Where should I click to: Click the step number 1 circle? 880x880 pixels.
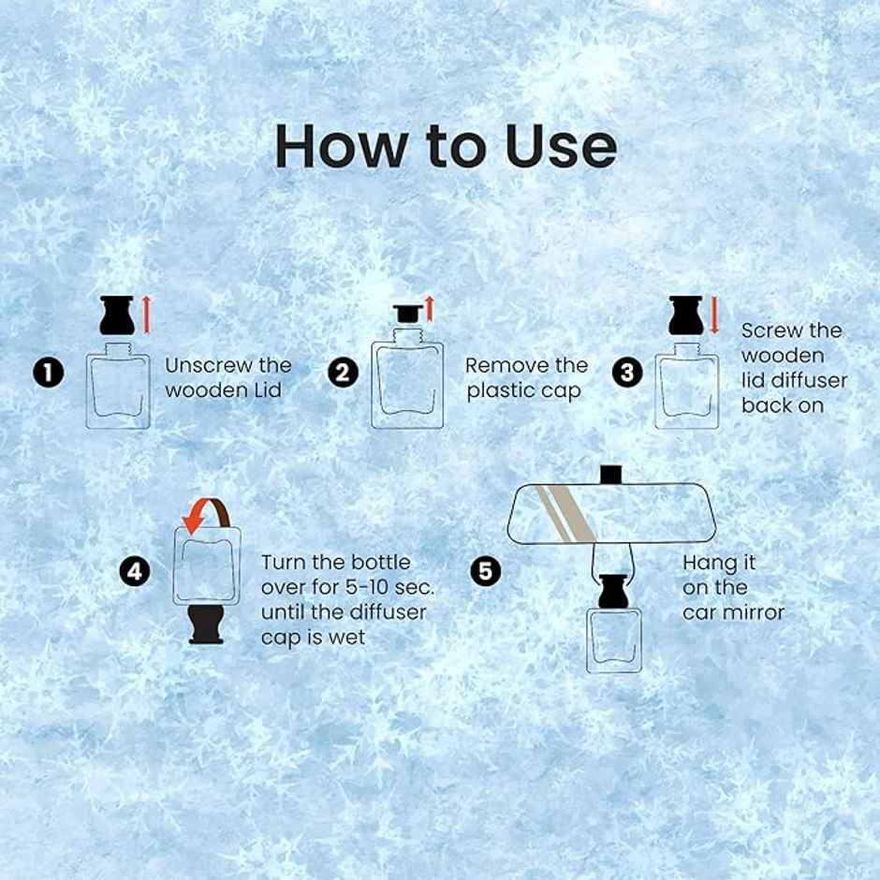tap(49, 373)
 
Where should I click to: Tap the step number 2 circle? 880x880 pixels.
tap(343, 373)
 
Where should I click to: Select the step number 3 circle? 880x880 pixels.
tap(627, 373)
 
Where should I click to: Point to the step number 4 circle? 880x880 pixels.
tap(135, 572)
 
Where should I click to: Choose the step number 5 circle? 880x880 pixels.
tap(486, 572)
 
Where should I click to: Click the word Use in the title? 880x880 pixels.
tap(561, 145)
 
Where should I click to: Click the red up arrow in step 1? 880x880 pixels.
tap(147, 315)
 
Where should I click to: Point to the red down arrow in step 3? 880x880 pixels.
tap(714, 315)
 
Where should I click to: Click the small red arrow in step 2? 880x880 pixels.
tap(430, 309)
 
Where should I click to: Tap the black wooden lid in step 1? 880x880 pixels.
tap(117, 315)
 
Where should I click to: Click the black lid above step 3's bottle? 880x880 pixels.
tap(686, 315)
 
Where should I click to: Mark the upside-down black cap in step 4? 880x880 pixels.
tap(207, 624)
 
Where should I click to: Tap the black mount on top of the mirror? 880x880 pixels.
tap(611, 475)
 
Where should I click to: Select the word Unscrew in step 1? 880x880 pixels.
tap(200, 366)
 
